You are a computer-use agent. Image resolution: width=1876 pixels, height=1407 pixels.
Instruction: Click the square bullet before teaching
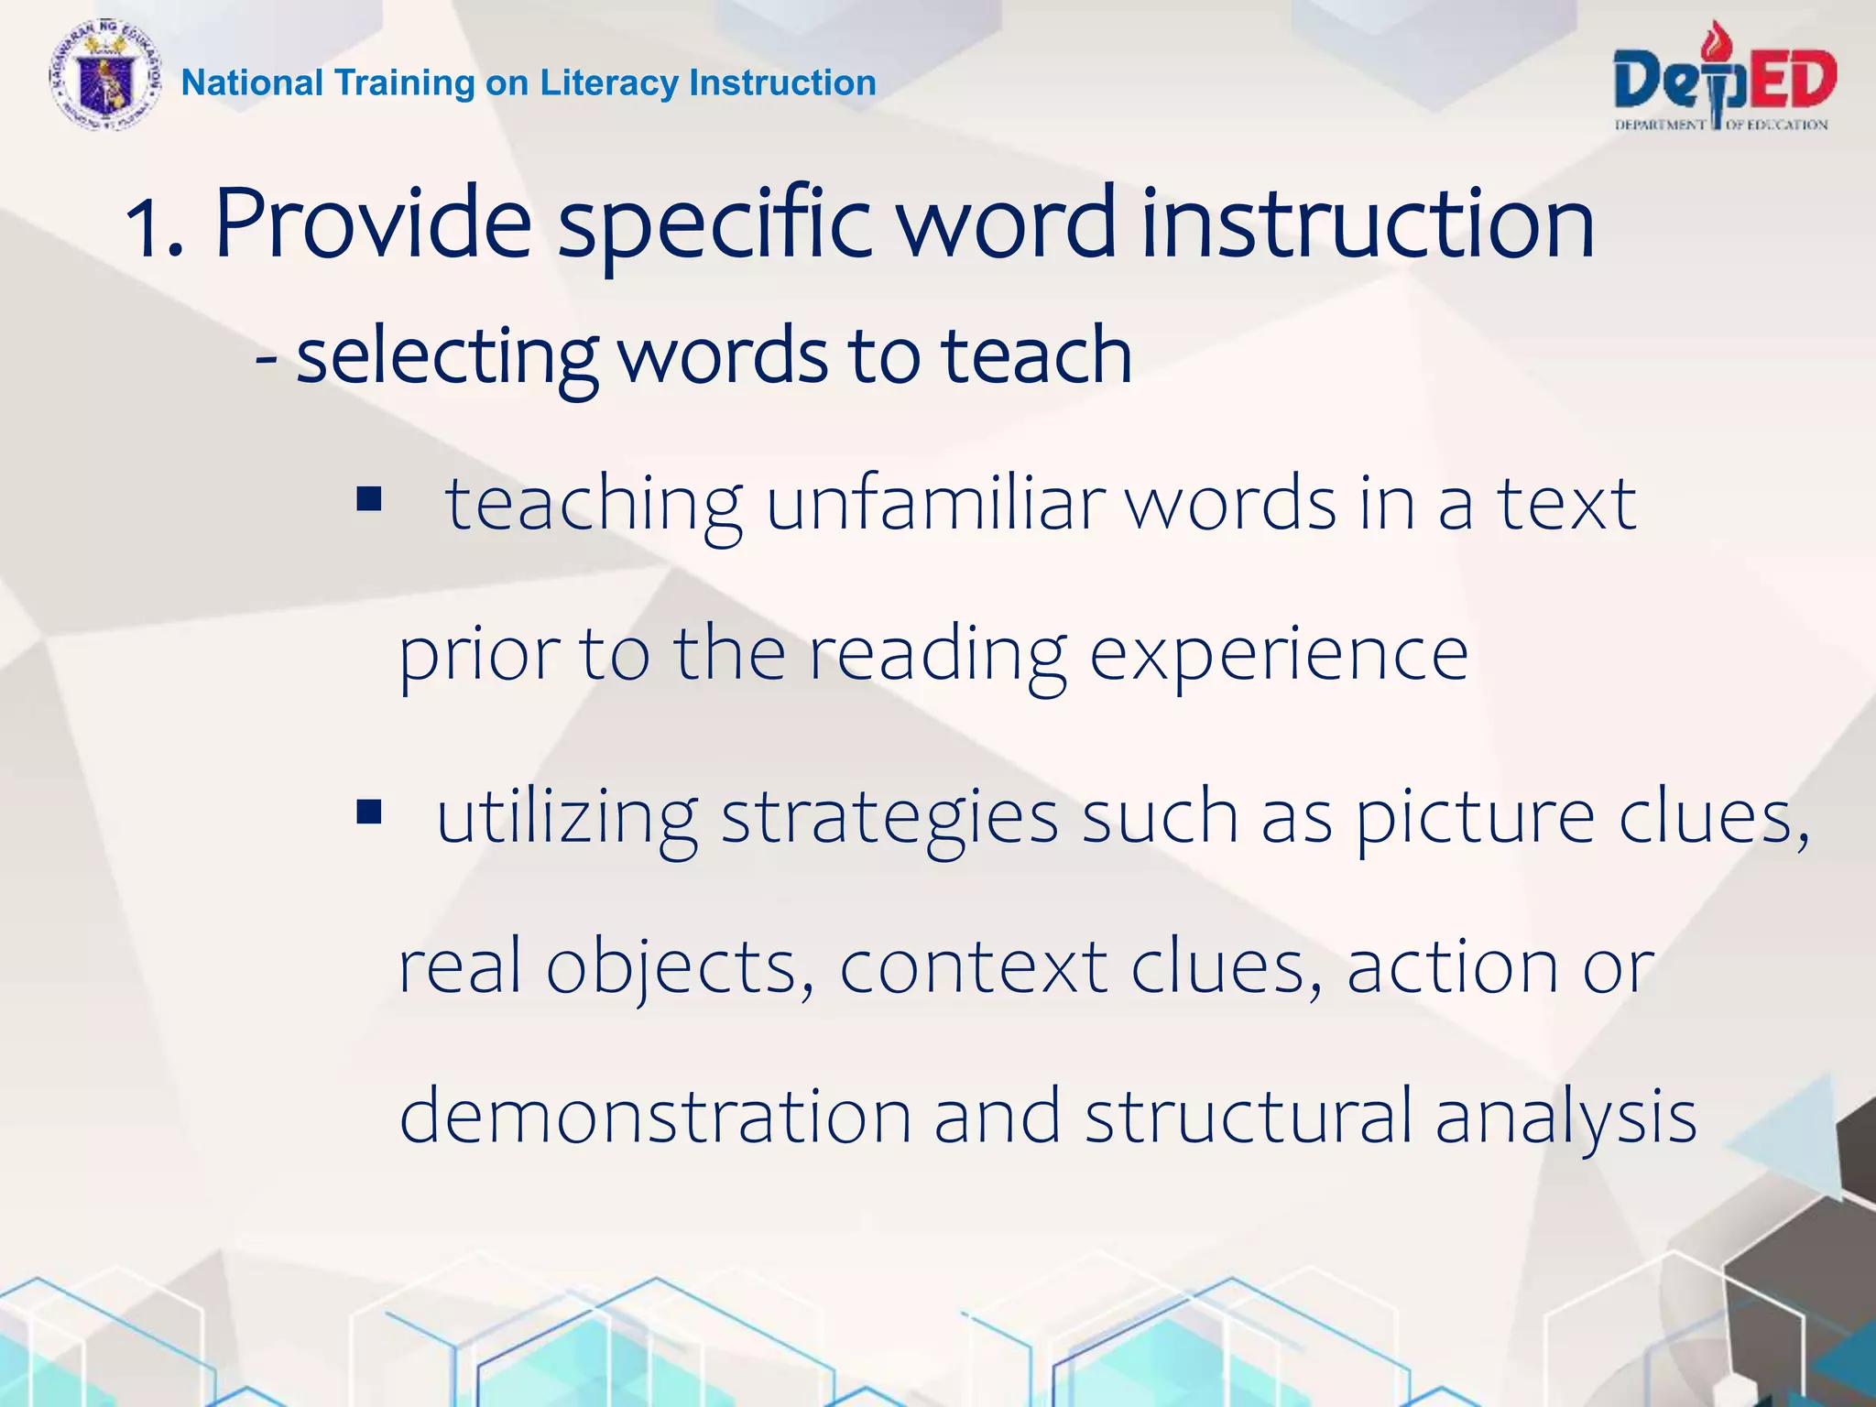click(x=369, y=499)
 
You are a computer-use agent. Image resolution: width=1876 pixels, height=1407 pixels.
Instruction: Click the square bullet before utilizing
click(x=369, y=812)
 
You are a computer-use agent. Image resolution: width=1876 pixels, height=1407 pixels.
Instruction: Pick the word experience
click(x=1278, y=656)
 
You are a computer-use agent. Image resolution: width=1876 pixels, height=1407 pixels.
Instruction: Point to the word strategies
click(x=889, y=818)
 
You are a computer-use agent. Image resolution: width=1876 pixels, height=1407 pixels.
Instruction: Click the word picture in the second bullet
click(x=1474, y=818)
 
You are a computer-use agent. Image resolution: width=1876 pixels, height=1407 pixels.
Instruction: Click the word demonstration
click(x=655, y=1116)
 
